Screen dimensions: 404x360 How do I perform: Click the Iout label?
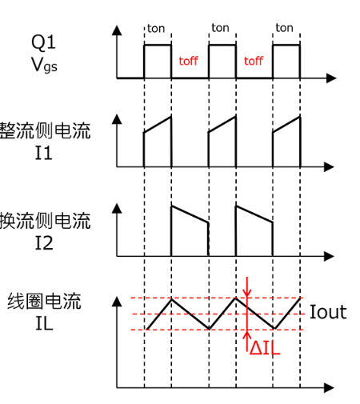(328, 312)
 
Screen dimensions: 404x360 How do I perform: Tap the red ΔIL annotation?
(264, 349)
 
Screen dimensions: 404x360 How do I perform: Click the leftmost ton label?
(156, 28)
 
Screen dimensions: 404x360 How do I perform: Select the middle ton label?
(220, 28)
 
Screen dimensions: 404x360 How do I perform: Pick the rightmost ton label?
(284, 28)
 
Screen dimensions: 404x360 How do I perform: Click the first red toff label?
(188, 61)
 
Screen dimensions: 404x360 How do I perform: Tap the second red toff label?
(253, 61)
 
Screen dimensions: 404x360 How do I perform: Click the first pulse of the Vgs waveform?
(158, 61)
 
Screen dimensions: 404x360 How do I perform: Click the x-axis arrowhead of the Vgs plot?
(330, 78)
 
